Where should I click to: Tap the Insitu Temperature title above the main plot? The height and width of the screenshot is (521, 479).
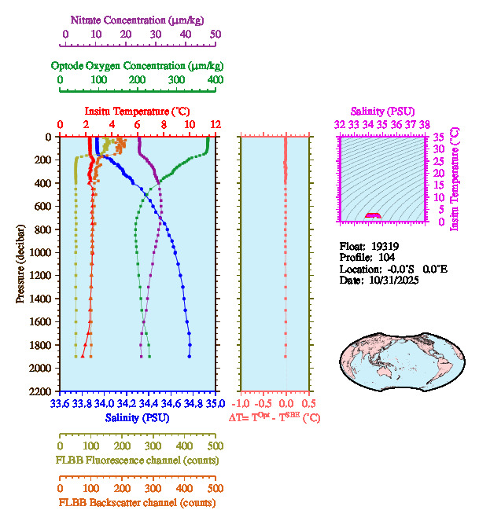tap(137, 112)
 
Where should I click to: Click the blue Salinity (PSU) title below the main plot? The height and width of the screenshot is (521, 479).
tap(137, 418)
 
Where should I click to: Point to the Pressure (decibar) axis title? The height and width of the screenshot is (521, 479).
tap(20, 264)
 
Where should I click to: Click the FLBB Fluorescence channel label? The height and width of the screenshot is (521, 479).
tap(137, 460)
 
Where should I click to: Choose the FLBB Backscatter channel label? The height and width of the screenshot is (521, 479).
tap(137, 502)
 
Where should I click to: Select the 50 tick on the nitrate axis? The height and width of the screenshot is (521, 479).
tap(216, 35)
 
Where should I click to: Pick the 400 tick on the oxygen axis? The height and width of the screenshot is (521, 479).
tap(215, 80)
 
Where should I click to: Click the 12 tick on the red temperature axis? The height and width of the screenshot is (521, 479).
tap(215, 125)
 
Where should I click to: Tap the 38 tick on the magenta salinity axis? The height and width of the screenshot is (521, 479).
tap(424, 124)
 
